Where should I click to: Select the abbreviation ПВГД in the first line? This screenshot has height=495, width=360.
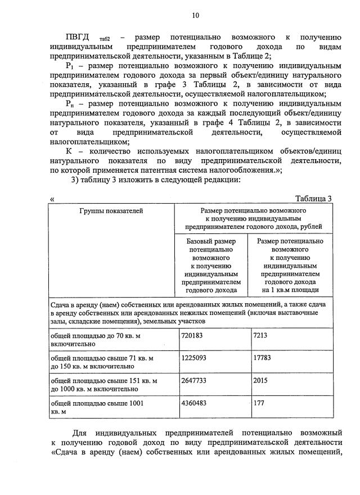point(78,36)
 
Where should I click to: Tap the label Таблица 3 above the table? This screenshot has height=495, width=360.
point(313,199)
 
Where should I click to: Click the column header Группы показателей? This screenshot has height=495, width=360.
point(111,211)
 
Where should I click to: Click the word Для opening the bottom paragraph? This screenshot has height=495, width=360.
point(83,434)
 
